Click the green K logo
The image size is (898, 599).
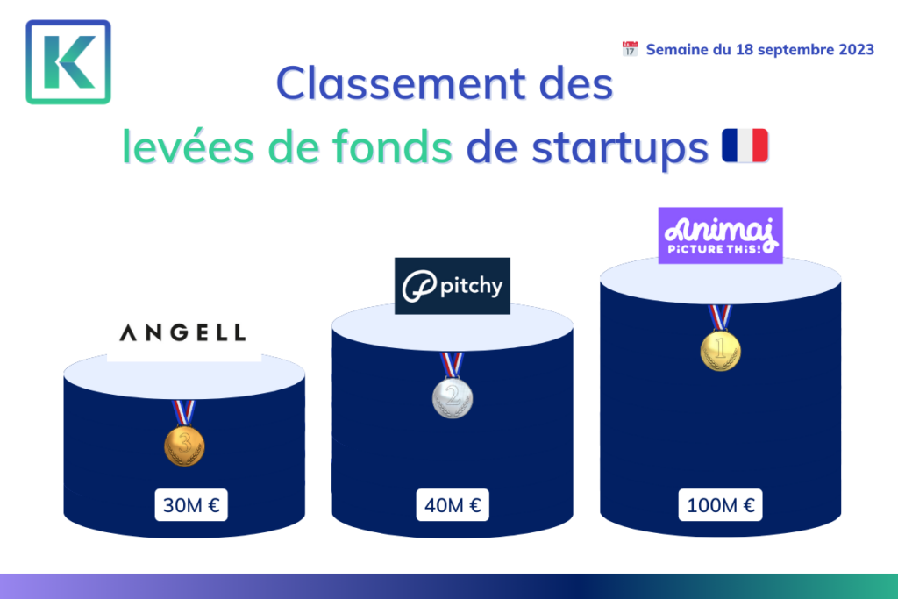point(68,62)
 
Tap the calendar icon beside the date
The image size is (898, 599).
point(630,49)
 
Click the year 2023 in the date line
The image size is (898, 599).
point(856,50)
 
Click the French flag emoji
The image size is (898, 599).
point(745,146)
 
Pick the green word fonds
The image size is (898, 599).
point(392,146)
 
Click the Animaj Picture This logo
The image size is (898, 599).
point(721,235)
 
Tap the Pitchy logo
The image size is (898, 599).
point(453,286)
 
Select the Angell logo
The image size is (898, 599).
point(182,332)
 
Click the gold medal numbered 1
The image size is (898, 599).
point(721,351)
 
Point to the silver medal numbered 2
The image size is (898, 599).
point(453,397)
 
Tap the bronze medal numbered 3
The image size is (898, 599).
point(184,446)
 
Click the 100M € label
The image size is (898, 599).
point(721,504)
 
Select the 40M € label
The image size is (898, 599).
point(453,504)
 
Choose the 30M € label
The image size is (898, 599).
point(191,504)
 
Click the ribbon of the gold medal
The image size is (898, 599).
point(720,317)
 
